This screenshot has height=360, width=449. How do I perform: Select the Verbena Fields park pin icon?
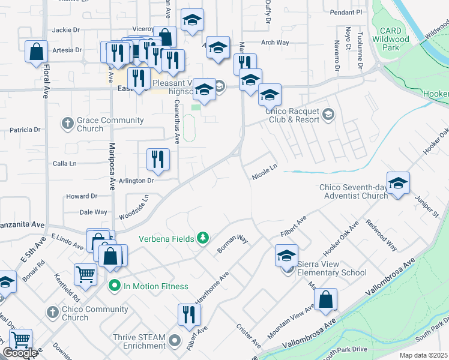[203, 239]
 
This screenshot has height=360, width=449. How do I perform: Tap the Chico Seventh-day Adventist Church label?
[354, 191]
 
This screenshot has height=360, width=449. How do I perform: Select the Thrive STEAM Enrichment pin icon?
[175, 341]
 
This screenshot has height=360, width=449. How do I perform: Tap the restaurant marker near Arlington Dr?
[158, 159]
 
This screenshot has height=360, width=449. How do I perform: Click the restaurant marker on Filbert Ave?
[189, 314]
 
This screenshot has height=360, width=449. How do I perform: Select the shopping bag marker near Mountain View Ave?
[325, 300]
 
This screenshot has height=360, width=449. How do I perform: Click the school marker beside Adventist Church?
[397, 184]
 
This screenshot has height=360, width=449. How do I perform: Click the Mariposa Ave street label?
[112, 166]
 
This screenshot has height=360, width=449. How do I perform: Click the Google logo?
[20, 353]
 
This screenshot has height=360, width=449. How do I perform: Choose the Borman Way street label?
[233, 244]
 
